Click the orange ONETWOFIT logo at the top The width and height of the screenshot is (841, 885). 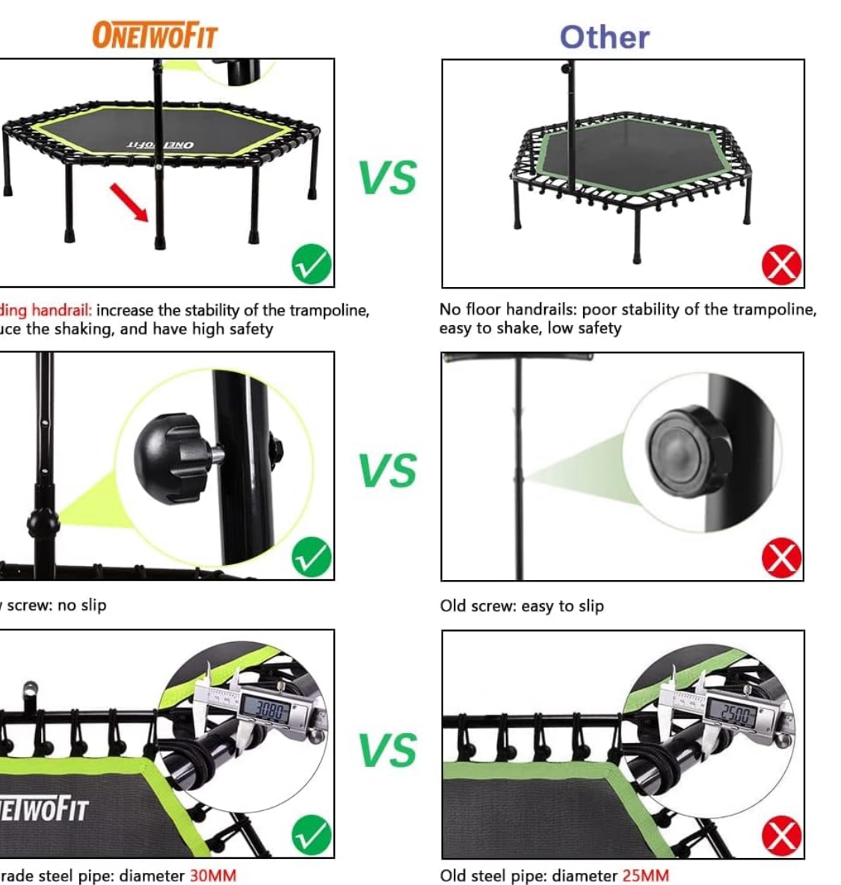pyautogui.click(x=155, y=35)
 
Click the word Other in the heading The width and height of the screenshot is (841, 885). pyautogui.click(x=604, y=37)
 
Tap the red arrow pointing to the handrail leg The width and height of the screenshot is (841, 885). pyautogui.click(x=129, y=202)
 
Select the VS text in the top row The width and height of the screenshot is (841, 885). pyautogui.click(x=387, y=178)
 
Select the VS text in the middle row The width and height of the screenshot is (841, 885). pyautogui.click(x=387, y=470)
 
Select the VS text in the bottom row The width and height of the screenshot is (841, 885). pyautogui.click(x=387, y=750)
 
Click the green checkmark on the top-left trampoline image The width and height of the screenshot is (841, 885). pyautogui.click(x=312, y=264)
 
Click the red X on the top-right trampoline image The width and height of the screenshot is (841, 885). pyautogui.click(x=781, y=265)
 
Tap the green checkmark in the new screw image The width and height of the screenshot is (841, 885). pyautogui.click(x=312, y=557)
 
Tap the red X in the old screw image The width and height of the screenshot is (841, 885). pyautogui.click(x=781, y=558)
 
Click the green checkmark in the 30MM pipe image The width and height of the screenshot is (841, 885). pyautogui.click(x=312, y=835)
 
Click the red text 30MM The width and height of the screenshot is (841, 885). pyautogui.click(x=212, y=875)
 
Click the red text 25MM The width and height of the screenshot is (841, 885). pyautogui.click(x=645, y=875)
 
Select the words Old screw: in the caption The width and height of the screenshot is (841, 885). pyautogui.click(x=478, y=605)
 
